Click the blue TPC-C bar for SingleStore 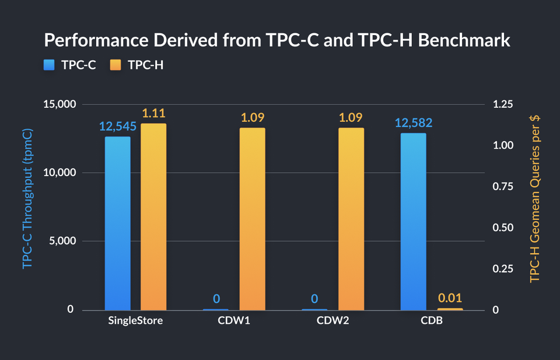pyautogui.click(x=117, y=223)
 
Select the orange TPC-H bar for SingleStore pyautogui.click(x=153, y=216)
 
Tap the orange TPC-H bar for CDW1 pyautogui.click(x=252, y=219)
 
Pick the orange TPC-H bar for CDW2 pyautogui.click(x=351, y=219)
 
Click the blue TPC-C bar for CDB pyautogui.click(x=413, y=221)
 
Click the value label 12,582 pyautogui.click(x=413, y=123)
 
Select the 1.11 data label pyautogui.click(x=153, y=113)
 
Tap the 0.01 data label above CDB pyautogui.click(x=450, y=299)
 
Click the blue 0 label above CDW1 pyautogui.click(x=216, y=299)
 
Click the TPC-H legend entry pyautogui.click(x=136, y=65)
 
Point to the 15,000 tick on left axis pyautogui.click(x=61, y=104)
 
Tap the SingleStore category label pyautogui.click(x=135, y=321)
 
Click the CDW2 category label pyautogui.click(x=333, y=321)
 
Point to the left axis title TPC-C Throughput pyautogui.click(x=28, y=198)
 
